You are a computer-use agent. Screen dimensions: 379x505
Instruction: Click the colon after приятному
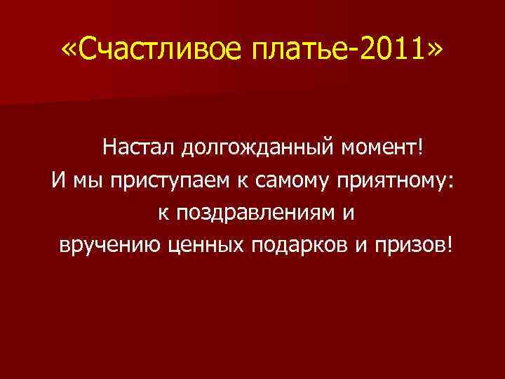[x=452, y=182]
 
